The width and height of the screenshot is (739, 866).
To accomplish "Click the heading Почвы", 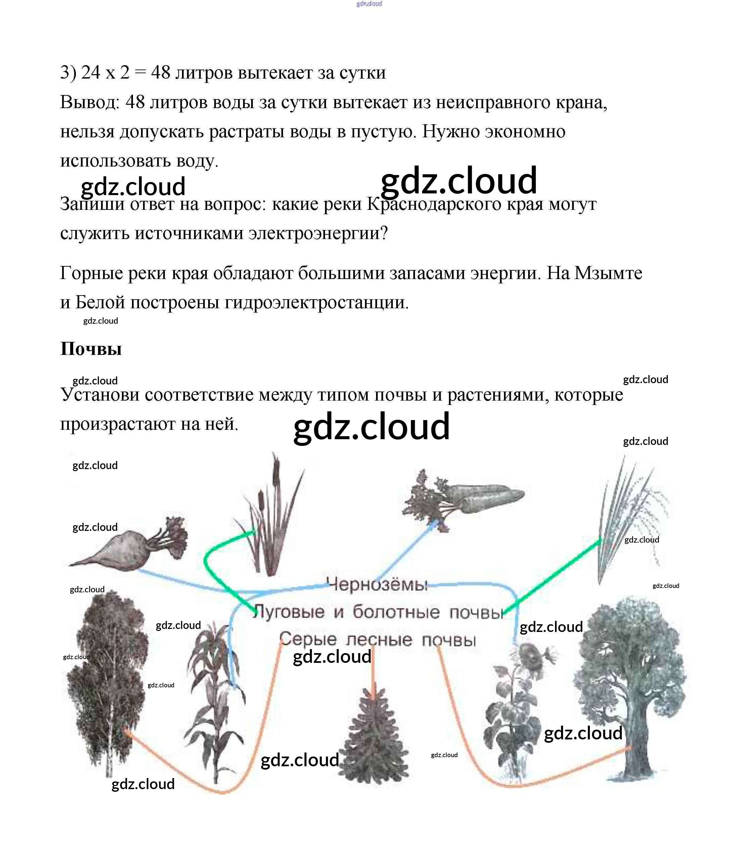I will pyautogui.click(x=91, y=349).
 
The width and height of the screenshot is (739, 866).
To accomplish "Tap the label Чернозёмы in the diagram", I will pyautogui.click(x=377, y=584).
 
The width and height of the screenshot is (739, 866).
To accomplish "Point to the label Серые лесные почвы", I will pyautogui.click(x=377, y=639).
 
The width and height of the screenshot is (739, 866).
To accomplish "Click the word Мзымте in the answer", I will pyautogui.click(x=608, y=273).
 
